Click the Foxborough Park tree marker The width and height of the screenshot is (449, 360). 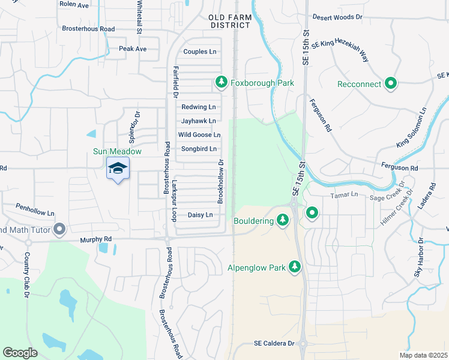(221, 82)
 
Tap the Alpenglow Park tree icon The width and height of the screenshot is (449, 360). (294, 266)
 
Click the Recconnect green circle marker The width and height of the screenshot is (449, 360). (391, 83)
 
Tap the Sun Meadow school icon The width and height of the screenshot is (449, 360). (118, 169)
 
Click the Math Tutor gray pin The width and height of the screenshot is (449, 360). (59, 229)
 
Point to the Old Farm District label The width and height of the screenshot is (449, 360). (230, 22)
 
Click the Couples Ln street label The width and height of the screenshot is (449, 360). (199, 52)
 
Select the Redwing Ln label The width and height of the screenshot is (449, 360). (198, 107)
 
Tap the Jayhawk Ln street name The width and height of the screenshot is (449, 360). (198, 121)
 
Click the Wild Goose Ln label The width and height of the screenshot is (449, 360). (199, 135)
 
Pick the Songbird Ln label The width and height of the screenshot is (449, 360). (198, 149)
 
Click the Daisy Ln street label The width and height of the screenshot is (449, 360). (200, 215)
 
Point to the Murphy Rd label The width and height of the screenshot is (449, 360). (97, 240)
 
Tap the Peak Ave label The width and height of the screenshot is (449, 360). (133, 49)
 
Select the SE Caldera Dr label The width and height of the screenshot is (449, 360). (274, 343)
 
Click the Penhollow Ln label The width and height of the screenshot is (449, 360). (35, 213)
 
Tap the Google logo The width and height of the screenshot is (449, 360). (20, 352)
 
